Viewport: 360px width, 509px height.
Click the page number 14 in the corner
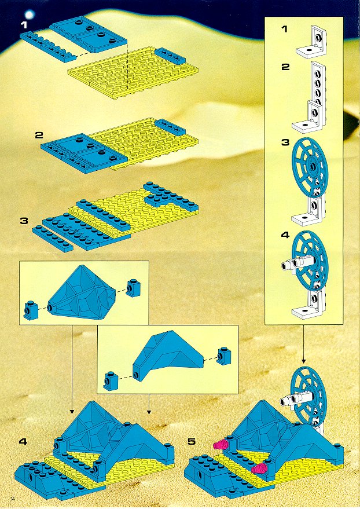[13, 499]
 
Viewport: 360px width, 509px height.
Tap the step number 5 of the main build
[192, 441]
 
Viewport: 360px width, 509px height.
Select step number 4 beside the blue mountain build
[23, 441]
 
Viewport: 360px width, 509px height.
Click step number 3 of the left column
[24, 221]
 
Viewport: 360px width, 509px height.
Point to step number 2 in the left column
[39, 135]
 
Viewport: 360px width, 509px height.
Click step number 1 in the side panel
[284, 29]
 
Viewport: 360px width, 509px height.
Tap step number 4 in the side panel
[285, 235]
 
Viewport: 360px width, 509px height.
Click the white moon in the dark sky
[30, 14]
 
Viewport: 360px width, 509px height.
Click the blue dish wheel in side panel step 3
[310, 167]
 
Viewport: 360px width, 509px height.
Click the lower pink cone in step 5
[260, 468]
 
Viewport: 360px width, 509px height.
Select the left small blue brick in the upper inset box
[31, 309]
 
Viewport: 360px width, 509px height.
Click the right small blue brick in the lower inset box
[224, 356]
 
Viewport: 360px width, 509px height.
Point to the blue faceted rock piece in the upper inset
[87, 293]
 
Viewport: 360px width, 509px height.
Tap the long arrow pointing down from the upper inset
[71, 369]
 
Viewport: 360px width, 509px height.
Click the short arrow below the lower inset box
[149, 404]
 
